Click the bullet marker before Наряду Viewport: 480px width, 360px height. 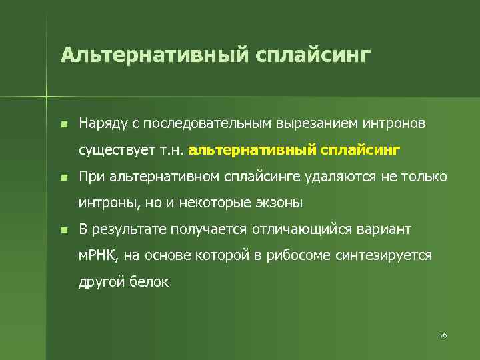point(63,125)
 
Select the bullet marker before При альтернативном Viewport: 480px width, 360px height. point(63,178)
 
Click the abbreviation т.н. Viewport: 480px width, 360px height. point(172,151)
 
